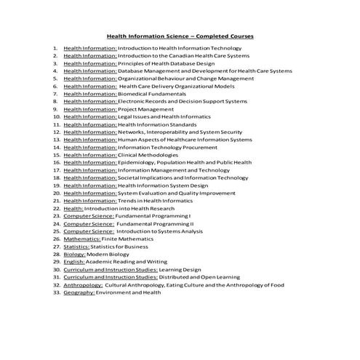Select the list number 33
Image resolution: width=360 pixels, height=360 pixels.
point(56,292)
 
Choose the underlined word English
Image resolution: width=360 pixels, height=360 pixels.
point(74,262)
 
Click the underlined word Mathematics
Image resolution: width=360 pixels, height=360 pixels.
point(81,239)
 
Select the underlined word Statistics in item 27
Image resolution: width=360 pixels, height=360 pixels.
point(78,247)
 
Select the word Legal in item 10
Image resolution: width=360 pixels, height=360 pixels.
point(125,116)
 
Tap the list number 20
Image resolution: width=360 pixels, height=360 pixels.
point(56,193)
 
